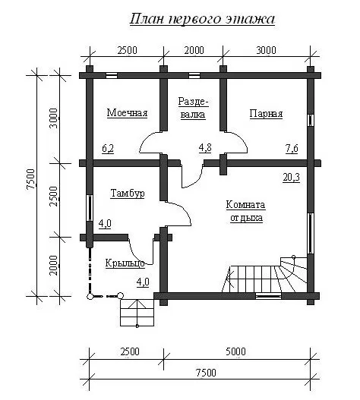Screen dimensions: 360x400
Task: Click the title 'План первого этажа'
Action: [202, 20]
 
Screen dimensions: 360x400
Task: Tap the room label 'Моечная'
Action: [127, 113]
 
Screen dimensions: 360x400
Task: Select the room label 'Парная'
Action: [266, 114]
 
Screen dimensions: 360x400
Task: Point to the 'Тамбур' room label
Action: [128, 194]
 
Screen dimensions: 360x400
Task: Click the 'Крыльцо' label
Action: [125, 263]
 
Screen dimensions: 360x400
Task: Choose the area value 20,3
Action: [291, 178]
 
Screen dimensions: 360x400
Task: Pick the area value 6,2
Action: [108, 148]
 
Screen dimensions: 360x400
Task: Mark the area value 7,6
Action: [292, 148]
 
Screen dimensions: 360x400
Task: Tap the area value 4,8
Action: [205, 148]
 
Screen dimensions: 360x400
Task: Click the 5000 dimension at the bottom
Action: [235, 351]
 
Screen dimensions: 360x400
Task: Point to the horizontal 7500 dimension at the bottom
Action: [206, 373]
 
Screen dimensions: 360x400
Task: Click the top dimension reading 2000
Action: [194, 50]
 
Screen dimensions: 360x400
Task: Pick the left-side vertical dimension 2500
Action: [54, 197]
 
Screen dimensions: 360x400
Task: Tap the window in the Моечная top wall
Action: [112, 75]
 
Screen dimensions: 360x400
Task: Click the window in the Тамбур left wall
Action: [90, 208]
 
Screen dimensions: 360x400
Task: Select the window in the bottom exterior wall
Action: [268, 296]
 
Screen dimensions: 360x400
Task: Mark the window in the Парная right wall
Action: [310, 120]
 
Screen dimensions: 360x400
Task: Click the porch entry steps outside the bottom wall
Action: [137, 313]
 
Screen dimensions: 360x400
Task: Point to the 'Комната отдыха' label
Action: [246, 211]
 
